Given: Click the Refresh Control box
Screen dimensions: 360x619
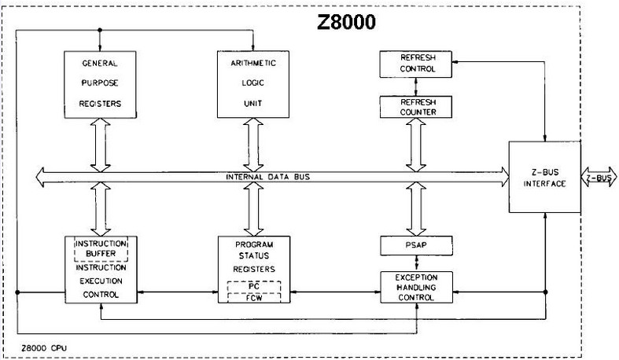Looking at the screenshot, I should (x=416, y=63).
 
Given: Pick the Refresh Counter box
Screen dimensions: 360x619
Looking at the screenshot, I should (x=416, y=106).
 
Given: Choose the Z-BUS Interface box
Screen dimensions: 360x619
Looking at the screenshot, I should (x=543, y=178).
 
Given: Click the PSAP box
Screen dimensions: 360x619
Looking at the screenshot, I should (x=416, y=246).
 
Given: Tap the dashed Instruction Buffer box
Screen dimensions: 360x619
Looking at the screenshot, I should (x=99, y=248).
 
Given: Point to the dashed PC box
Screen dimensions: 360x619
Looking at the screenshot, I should (x=252, y=287).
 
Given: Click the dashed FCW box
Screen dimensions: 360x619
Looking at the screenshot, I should (x=252, y=299).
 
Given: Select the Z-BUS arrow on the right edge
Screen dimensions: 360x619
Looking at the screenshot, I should (x=599, y=178).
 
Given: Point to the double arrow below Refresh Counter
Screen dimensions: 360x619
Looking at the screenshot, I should (x=416, y=144).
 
